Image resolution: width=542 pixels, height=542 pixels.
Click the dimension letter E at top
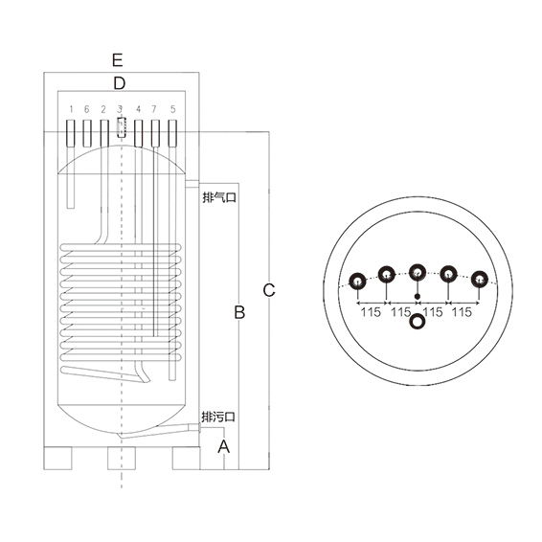[x=118, y=60]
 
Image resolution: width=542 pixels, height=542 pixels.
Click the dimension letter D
[x=120, y=83]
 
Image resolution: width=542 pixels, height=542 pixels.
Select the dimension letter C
[x=269, y=290]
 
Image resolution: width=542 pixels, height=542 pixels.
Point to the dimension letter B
[x=239, y=312]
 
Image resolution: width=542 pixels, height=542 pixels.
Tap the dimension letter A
[x=224, y=446]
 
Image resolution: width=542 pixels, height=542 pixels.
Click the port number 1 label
[x=71, y=109]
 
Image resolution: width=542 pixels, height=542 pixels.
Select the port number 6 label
[x=86, y=109]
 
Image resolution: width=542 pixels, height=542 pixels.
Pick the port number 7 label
[x=154, y=109]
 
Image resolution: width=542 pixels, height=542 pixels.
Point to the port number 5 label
[x=172, y=109]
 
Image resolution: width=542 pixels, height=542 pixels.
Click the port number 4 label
[x=138, y=109]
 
